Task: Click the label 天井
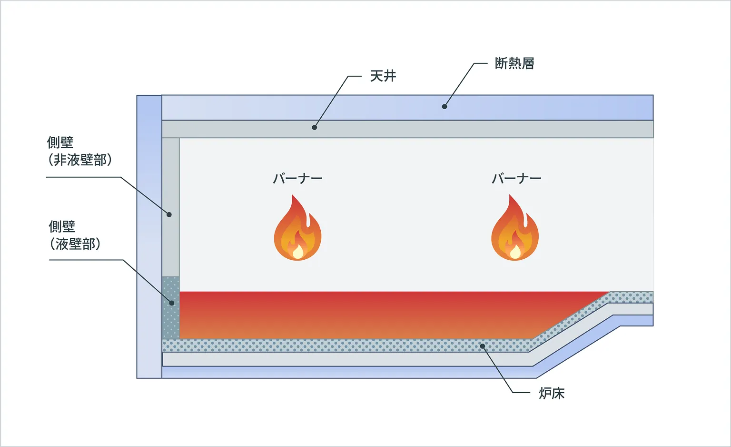click(x=383, y=76)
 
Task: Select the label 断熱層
click(x=514, y=63)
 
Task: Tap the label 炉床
click(x=551, y=394)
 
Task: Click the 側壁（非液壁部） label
click(x=79, y=151)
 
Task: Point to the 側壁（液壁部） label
click(x=75, y=235)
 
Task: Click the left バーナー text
click(x=297, y=179)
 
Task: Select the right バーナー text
click(x=516, y=179)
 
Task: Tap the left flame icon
click(x=297, y=229)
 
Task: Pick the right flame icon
click(x=515, y=229)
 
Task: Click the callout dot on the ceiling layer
click(x=314, y=127)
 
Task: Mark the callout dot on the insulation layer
click(x=445, y=106)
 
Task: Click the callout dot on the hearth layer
click(x=482, y=346)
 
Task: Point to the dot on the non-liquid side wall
click(x=169, y=214)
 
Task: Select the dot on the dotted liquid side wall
click(x=171, y=303)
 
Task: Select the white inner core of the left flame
click(x=298, y=252)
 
